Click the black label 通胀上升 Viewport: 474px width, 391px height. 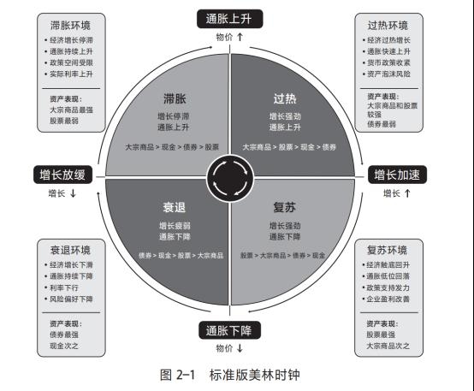pyautogui.click(x=230, y=19)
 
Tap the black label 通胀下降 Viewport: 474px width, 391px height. pyautogui.click(x=230, y=330)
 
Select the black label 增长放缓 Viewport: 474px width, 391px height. pyautogui.click(x=62, y=175)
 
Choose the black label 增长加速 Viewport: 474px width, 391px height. pyautogui.click(x=397, y=175)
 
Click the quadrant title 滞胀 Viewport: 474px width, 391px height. pyautogui.click(x=175, y=98)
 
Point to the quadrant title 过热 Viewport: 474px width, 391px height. pyautogui.click(x=285, y=98)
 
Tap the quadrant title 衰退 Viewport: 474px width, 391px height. pyautogui.click(x=175, y=207)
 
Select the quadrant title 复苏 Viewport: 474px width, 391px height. pyautogui.click(x=284, y=207)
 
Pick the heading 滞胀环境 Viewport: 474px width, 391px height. pyautogui.click(x=70, y=26)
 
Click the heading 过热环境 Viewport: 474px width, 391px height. pyautogui.click(x=388, y=26)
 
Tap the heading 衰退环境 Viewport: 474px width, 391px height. pyautogui.click(x=70, y=251)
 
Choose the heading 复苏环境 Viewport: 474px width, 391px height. pyautogui.click(x=388, y=251)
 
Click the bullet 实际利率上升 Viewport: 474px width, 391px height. pyautogui.click(x=71, y=74)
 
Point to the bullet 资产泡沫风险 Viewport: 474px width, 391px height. pyautogui.click(x=388, y=74)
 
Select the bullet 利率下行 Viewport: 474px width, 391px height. pyautogui.click(x=64, y=287)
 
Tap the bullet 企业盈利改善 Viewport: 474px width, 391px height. pyautogui.click(x=388, y=299)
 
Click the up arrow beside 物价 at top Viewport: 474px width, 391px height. pyautogui.click(x=240, y=37)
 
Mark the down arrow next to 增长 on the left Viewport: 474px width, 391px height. pyautogui.click(x=73, y=193)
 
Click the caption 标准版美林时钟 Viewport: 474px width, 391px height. pyautogui.click(x=254, y=375)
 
